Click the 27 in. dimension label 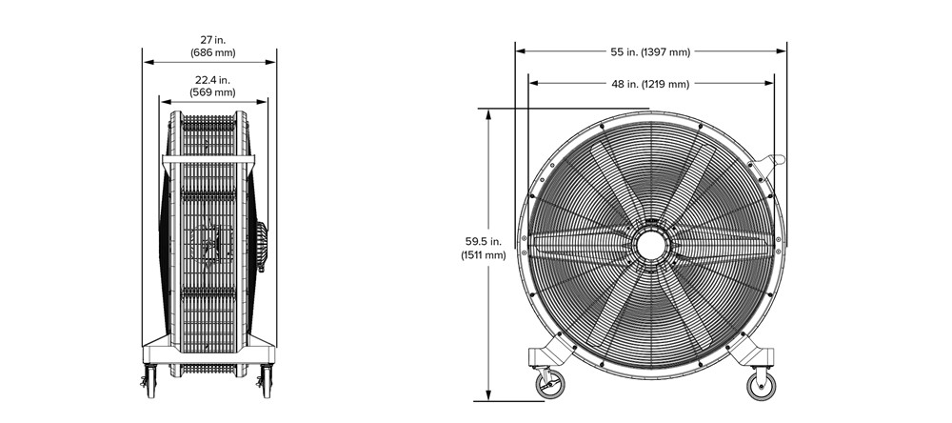[x=212, y=41]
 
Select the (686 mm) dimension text [x=212, y=53]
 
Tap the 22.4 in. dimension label [x=212, y=80]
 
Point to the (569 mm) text [x=212, y=92]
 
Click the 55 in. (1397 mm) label [x=650, y=52]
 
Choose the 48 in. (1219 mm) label [x=650, y=85]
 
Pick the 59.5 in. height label [x=483, y=242]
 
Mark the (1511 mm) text [x=483, y=255]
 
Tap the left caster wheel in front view [x=550, y=385]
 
